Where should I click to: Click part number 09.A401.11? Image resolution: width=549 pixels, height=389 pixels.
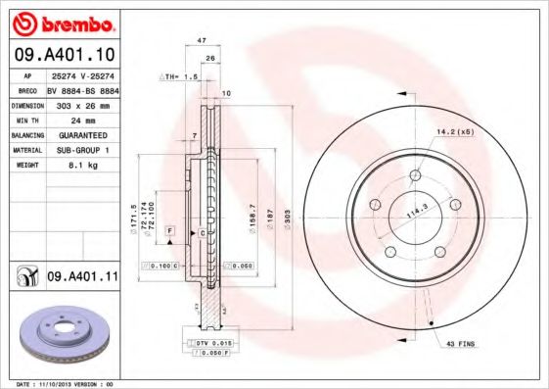coord(82,278)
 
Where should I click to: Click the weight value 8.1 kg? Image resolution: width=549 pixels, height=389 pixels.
coord(73,166)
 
